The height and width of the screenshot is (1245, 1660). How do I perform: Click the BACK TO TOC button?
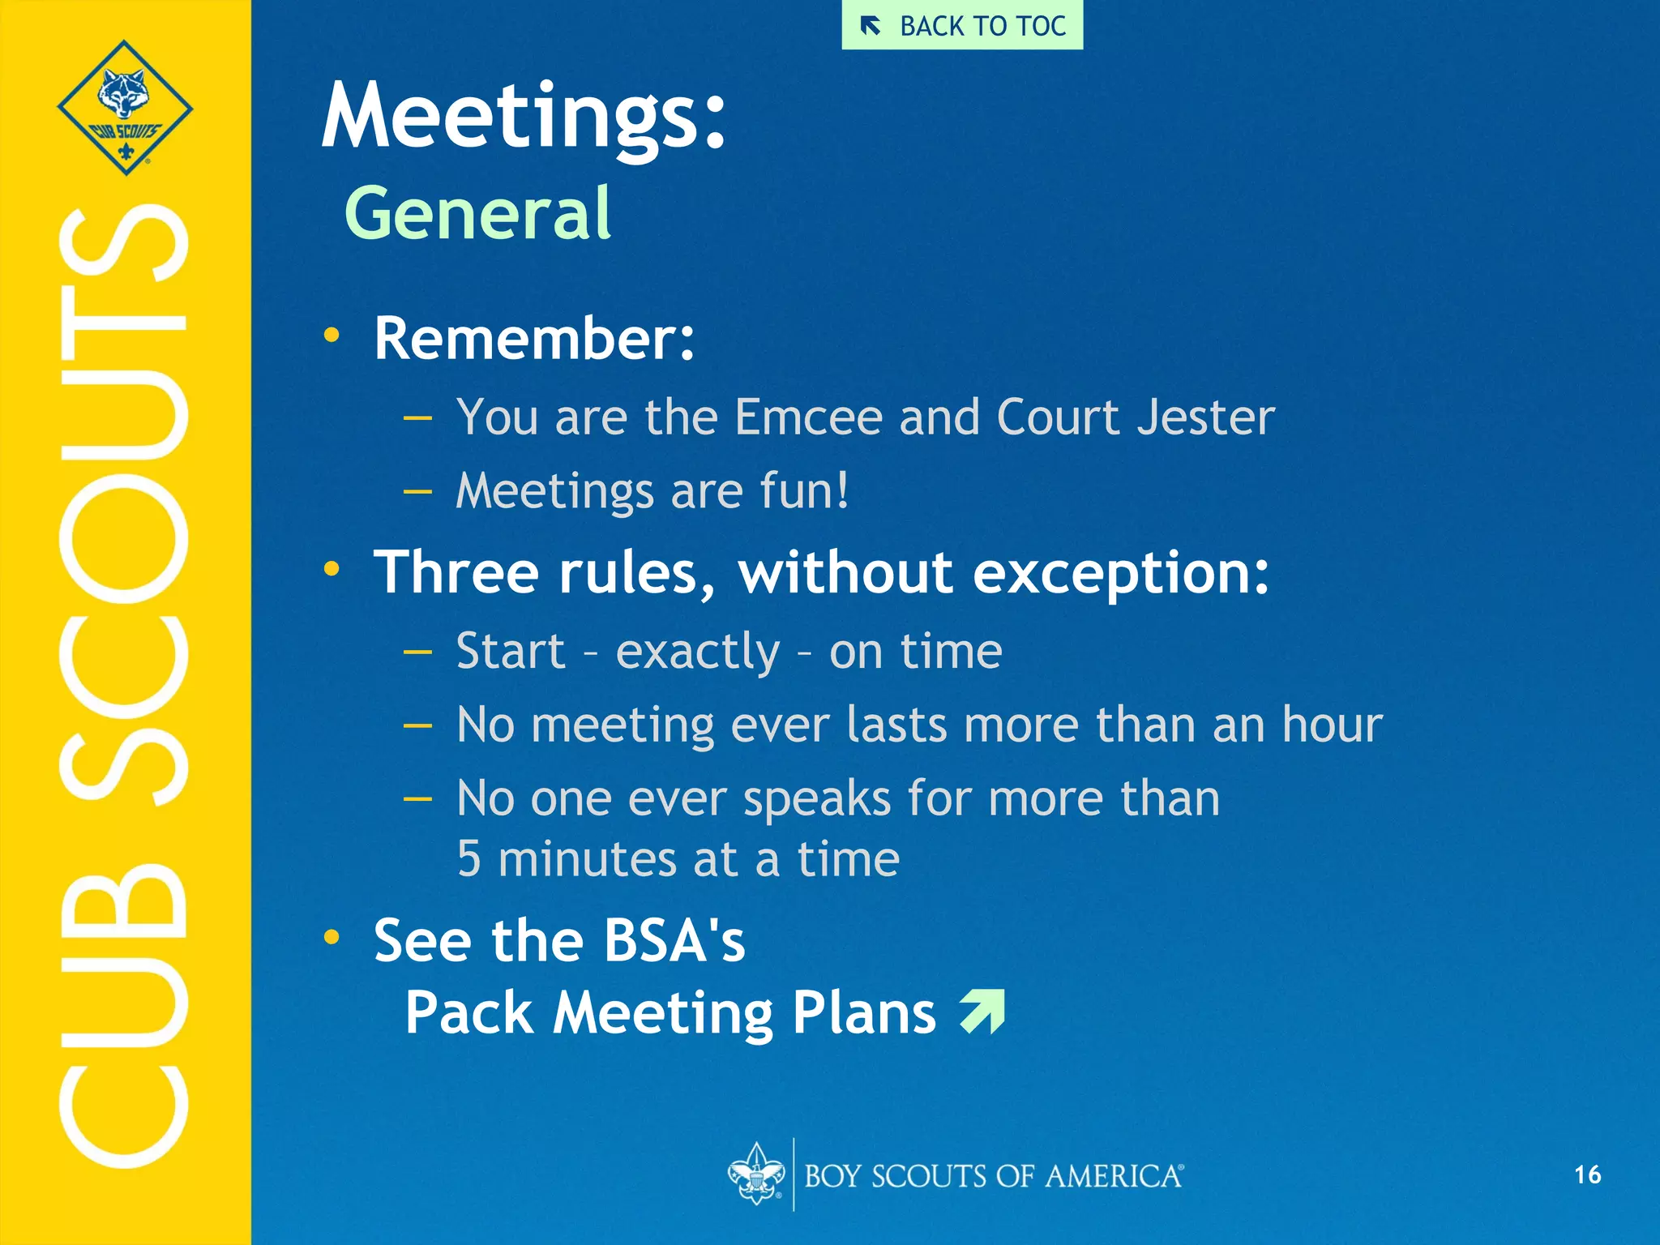click(x=962, y=26)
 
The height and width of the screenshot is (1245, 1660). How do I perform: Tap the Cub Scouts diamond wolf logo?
click(x=125, y=107)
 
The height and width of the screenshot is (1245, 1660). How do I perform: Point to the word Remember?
click(x=534, y=338)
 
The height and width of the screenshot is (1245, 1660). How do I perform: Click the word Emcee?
click(x=808, y=417)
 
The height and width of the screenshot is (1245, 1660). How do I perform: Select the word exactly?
click(x=697, y=652)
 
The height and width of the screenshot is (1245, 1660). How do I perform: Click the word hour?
click(x=1332, y=725)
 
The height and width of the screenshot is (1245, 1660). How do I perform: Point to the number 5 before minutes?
click(x=468, y=859)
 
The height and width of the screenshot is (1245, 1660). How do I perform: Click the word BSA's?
click(x=674, y=941)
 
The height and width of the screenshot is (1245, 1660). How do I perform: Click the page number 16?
click(x=1587, y=1174)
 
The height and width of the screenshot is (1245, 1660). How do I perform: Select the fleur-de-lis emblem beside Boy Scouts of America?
click(x=755, y=1174)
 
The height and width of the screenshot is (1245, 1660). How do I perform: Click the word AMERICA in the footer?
click(x=1113, y=1176)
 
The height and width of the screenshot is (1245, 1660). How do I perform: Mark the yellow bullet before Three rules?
click(x=331, y=569)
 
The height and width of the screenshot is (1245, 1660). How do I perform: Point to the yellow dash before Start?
click(x=417, y=652)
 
